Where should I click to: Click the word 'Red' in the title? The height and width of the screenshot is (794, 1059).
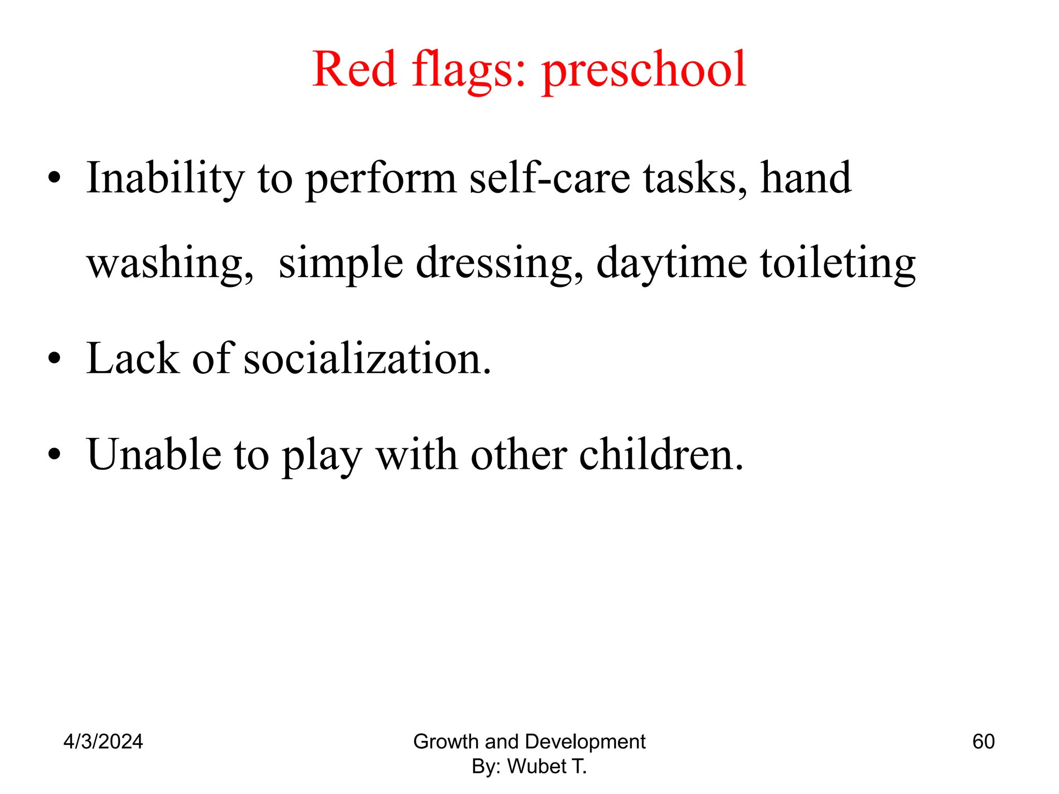(x=355, y=69)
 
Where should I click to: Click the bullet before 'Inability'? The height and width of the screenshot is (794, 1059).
(x=54, y=179)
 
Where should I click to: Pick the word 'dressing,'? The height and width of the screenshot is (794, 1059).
(x=500, y=264)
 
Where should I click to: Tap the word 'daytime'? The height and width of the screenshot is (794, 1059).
(x=671, y=264)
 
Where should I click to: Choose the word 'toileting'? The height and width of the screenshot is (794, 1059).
(x=838, y=264)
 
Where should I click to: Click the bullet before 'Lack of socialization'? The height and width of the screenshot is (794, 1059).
(x=54, y=359)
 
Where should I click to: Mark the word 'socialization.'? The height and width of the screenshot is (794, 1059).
(x=367, y=359)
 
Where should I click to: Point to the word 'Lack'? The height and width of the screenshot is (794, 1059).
(x=132, y=359)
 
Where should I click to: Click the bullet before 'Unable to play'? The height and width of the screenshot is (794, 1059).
(x=54, y=455)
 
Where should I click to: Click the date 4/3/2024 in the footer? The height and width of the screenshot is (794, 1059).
(x=103, y=742)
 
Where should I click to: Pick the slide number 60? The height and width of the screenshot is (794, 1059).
(x=984, y=742)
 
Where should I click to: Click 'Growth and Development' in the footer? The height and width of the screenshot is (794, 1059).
(x=529, y=742)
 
